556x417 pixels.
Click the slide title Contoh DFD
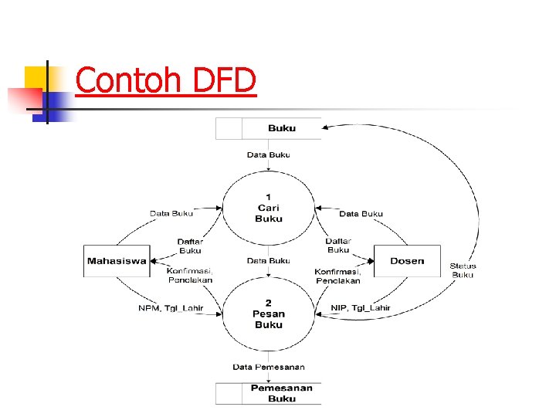165,81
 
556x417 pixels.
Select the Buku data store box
268,128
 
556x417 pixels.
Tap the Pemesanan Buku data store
268,393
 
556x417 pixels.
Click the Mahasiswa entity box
117,261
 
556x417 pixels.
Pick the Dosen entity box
407,261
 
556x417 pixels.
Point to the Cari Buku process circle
269,208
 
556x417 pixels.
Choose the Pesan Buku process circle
269,314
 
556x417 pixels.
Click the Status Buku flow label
463,270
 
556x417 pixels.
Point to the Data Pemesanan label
269,366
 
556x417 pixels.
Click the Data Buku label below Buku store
269,154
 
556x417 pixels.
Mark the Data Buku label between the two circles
269,261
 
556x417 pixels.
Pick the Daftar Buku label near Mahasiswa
190,246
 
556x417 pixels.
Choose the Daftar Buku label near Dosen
338,246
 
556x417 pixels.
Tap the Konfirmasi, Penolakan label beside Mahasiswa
190,275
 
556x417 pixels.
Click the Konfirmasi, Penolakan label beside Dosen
338,276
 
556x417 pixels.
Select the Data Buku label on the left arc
171,213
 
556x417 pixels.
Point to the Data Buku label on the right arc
361,213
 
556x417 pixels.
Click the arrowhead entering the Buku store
326,128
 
